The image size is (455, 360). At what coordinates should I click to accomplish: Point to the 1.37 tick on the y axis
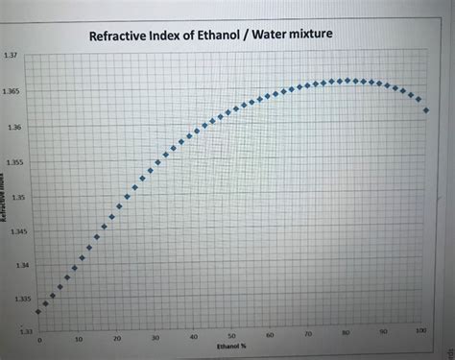pos(11,54)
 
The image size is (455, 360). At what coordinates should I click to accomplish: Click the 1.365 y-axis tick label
pos(12,91)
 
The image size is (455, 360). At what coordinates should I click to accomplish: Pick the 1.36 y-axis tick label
pos(12,127)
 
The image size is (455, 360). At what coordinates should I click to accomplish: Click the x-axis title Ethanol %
pos(231,344)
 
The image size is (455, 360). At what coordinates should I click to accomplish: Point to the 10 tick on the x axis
pos(79,340)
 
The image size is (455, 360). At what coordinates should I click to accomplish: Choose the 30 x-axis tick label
pos(156,338)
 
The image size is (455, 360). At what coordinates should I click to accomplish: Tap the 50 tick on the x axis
pos(232,335)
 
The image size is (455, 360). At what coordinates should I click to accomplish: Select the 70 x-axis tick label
pos(307,333)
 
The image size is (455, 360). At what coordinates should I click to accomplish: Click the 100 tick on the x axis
pos(421,329)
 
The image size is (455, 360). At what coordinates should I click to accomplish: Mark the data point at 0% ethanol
pos(38,311)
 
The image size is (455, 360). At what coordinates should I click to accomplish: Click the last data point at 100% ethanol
pos(425,110)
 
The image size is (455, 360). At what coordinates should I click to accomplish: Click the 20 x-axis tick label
pos(117,339)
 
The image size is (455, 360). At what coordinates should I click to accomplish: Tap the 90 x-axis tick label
pos(383,331)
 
